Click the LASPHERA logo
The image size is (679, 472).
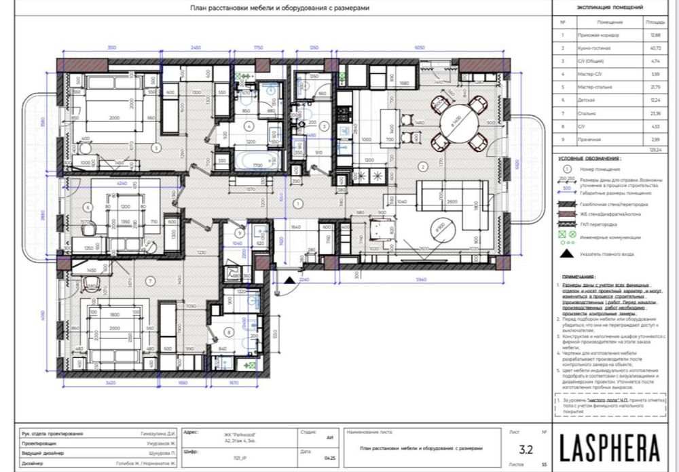pos(610,448)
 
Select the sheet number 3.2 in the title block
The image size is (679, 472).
pos(526,448)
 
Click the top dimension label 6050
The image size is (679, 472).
pos(419,49)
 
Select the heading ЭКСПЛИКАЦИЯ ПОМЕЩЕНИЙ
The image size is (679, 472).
pos(610,7)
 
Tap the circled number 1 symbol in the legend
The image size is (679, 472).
pos(565,169)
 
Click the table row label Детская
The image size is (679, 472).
pos(587,99)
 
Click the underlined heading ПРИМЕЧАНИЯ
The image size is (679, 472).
pos(576,277)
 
